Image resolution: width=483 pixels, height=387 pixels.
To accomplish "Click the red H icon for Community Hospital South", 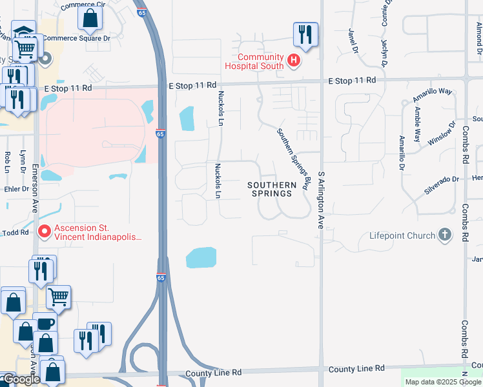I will pyautogui.click(x=294, y=61).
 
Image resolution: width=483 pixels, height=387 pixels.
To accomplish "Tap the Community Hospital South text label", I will pyautogui.click(x=255, y=61).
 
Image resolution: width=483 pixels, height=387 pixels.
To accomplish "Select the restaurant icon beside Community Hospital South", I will pyautogui.click(x=305, y=34).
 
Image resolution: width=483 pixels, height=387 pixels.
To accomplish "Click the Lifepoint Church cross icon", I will pyautogui.click(x=444, y=235).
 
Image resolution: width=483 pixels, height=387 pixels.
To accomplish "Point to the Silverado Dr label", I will pyautogui.click(x=441, y=179).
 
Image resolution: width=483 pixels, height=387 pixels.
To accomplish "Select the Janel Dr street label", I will pyautogui.click(x=353, y=40).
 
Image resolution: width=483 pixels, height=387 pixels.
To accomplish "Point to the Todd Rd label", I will pyautogui.click(x=15, y=232).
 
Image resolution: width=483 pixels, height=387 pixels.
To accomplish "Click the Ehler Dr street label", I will pyautogui.click(x=13, y=190).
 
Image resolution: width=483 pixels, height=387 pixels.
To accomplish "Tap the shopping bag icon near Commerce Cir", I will pyautogui.click(x=90, y=18).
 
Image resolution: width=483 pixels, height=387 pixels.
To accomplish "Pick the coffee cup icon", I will pyautogui.click(x=45, y=324).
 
